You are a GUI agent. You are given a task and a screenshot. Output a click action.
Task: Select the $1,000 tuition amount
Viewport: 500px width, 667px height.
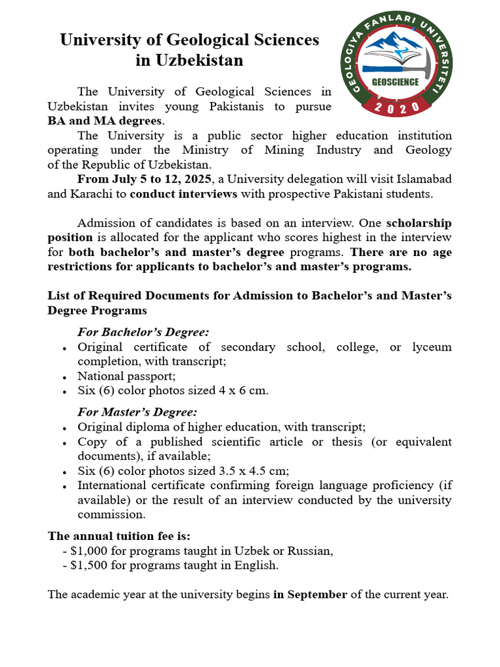pyautogui.click(x=92, y=550)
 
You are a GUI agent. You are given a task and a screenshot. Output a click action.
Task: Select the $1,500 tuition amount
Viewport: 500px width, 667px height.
pyautogui.click(x=92, y=565)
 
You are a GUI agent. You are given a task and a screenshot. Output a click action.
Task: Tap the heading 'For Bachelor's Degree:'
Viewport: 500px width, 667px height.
pyautogui.click(x=143, y=332)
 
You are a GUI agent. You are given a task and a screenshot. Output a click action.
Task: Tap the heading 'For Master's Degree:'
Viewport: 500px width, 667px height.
pyautogui.click(x=137, y=412)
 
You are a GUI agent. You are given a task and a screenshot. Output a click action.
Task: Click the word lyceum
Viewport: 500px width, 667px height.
pyautogui.click(x=432, y=347)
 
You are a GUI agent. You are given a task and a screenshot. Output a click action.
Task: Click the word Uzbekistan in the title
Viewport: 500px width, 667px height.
pyautogui.click(x=189, y=61)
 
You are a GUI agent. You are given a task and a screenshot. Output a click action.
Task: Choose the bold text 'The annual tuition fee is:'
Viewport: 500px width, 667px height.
pyautogui.click(x=119, y=535)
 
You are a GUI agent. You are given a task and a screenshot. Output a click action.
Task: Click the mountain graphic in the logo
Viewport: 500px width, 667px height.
pyautogui.click(x=395, y=51)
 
